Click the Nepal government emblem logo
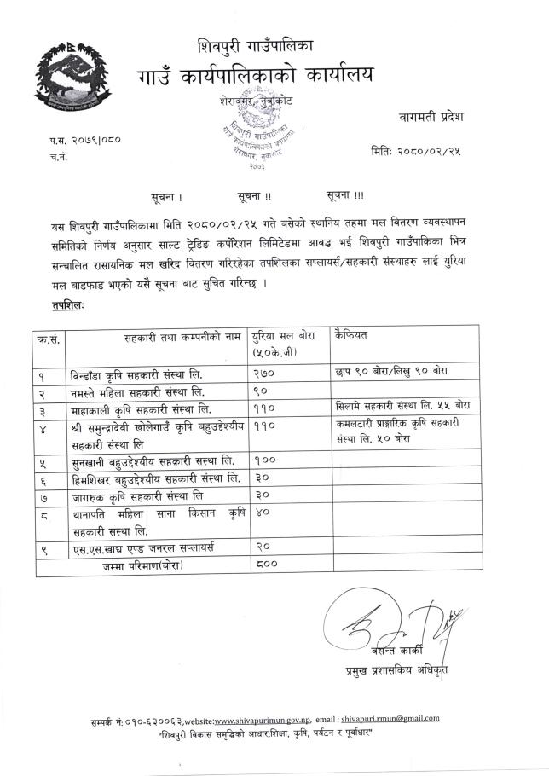click(x=72, y=76)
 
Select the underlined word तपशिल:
click(x=69, y=304)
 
